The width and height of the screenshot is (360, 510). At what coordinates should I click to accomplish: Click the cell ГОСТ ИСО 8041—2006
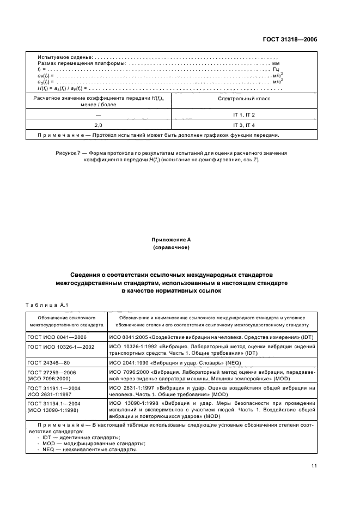(56, 338)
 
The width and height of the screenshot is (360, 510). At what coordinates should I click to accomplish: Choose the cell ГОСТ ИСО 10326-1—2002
(60, 347)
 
